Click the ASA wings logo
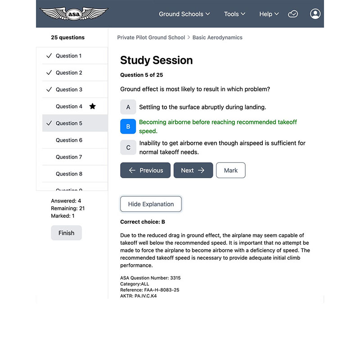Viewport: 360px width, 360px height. pos(74,13)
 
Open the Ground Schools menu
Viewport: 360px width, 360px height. pos(184,14)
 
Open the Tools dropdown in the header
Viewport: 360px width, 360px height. pos(234,14)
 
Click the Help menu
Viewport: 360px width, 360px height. pos(269,14)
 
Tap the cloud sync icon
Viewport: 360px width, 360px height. pos(293,14)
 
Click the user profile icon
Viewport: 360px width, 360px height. pos(315,13)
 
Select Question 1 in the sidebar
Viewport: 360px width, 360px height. pos(68,56)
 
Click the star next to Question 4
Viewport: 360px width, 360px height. pos(92,106)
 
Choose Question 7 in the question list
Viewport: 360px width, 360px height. pos(69,157)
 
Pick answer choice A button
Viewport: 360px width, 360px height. pos(128,107)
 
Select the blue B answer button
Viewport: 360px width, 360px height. pos(128,126)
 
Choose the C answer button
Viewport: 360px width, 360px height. pos(128,148)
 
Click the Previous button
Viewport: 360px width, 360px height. pos(145,170)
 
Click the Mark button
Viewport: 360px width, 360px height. pos(231,170)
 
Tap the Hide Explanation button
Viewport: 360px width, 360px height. pos(151,204)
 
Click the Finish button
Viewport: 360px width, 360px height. pos(66,233)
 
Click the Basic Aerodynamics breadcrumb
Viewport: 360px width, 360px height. pos(217,37)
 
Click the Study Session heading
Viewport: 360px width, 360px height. pos(156,60)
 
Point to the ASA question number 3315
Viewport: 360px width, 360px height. pos(175,278)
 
